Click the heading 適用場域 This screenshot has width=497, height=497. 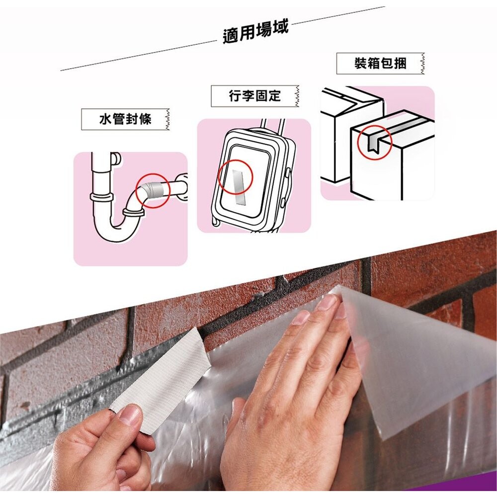click(x=255, y=33)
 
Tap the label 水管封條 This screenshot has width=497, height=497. click(x=124, y=119)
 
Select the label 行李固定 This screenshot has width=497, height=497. click(x=254, y=96)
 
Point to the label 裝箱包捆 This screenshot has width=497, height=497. click(x=380, y=63)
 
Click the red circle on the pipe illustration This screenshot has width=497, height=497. click(x=153, y=190)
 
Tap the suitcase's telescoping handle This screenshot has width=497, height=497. click(x=272, y=124)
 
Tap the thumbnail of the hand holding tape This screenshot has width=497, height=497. click(x=130, y=415)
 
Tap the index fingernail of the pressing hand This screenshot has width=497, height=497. click(x=301, y=318)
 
